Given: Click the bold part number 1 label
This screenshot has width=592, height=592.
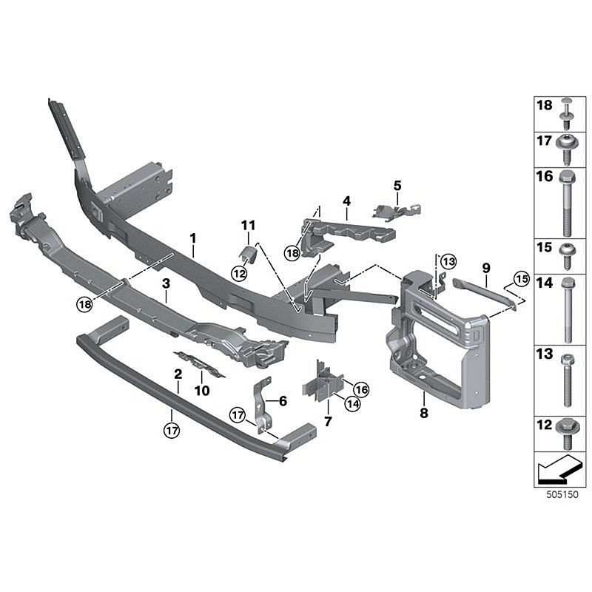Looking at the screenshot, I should pyautogui.click(x=193, y=238).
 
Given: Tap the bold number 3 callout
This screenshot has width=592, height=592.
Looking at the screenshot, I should pyautogui.click(x=166, y=283).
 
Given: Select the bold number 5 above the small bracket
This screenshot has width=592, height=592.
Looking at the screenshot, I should pyautogui.click(x=397, y=185).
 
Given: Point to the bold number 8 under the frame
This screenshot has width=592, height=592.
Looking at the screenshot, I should pyautogui.click(x=424, y=414).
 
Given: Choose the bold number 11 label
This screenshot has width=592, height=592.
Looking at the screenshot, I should pyautogui.click(x=247, y=224).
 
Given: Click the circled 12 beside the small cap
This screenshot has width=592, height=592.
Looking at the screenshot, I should pyautogui.click(x=240, y=273).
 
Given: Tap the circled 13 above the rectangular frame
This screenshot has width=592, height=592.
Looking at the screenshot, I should pyautogui.click(x=448, y=261).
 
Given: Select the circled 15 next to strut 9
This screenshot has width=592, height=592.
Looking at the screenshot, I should pyautogui.click(x=522, y=279).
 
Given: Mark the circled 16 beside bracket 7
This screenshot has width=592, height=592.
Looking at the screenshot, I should pyautogui.click(x=361, y=389).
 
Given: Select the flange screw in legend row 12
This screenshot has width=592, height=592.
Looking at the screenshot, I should pyautogui.click(x=566, y=431).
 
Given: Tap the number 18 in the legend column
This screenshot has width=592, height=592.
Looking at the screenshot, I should pyautogui.click(x=544, y=107).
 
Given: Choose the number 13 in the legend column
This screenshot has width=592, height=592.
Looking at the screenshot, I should pyautogui.click(x=544, y=355).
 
